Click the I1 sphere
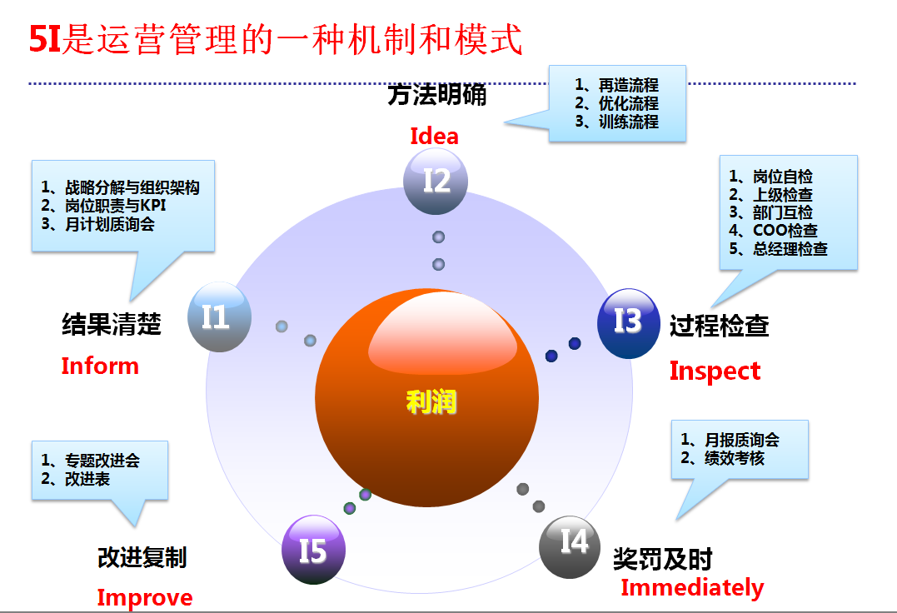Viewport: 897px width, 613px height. click(x=219, y=316)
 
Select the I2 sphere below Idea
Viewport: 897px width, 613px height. click(x=436, y=182)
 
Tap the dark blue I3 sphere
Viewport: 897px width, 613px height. click(x=628, y=323)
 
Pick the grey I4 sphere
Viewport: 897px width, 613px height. click(x=570, y=546)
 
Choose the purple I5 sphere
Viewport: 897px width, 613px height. click(x=313, y=550)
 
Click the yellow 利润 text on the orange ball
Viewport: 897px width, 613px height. click(x=431, y=401)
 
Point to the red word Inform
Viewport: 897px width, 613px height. click(x=100, y=366)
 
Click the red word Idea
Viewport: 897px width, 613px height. click(x=434, y=136)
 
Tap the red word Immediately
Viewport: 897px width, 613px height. click(x=692, y=588)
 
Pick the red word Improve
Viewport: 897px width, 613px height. click(x=145, y=598)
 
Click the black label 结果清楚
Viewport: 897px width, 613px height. click(x=112, y=324)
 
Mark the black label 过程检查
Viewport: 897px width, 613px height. click(x=719, y=326)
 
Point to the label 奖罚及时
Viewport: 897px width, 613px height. click(x=662, y=559)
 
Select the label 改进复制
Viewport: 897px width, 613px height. click(x=142, y=557)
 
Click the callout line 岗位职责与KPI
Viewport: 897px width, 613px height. click(x=103, y=205)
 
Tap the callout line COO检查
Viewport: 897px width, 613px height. click(x=773, y=231)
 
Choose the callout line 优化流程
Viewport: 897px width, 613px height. click(x=616, y=103)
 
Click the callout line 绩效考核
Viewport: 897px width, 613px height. click(x=723, y=458)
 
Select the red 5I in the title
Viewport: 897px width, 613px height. click(x=45, y=39)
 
